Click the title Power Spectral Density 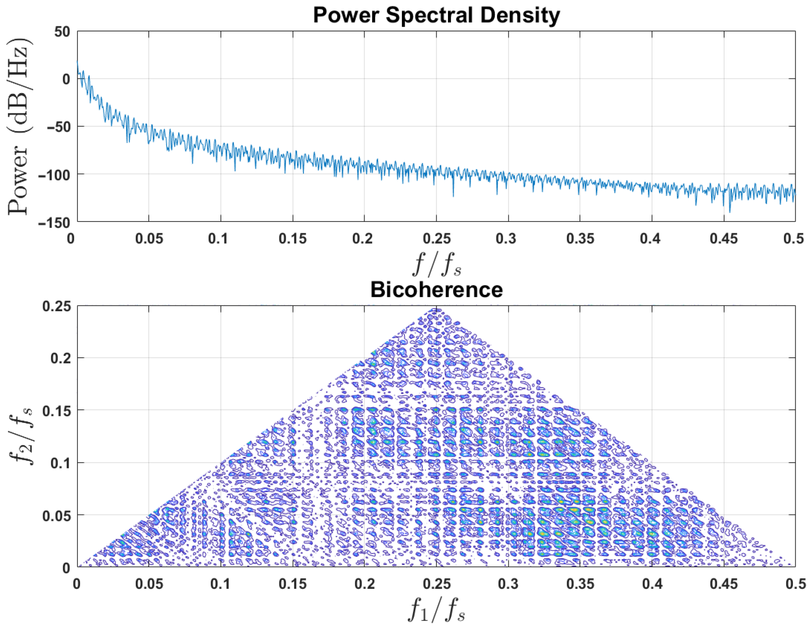coord(436,15)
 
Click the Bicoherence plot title coord(436,290)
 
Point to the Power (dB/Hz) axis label coord(19,126)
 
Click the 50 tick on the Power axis coord(62,32)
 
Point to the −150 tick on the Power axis coord(54,223)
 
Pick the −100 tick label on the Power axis coord(54,175)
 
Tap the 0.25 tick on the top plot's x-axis coord(436,239)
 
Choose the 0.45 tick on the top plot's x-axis coord(724,239)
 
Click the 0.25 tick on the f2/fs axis coord(56,306)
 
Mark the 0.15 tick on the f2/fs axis coord(56,411)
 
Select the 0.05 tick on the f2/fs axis coord(56,515)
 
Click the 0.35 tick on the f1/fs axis coord(580,584)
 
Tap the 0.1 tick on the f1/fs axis coord(220,584)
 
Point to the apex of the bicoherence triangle coord(437,310)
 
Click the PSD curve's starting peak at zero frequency coord(78,62)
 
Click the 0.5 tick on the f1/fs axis coord(795,584)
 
